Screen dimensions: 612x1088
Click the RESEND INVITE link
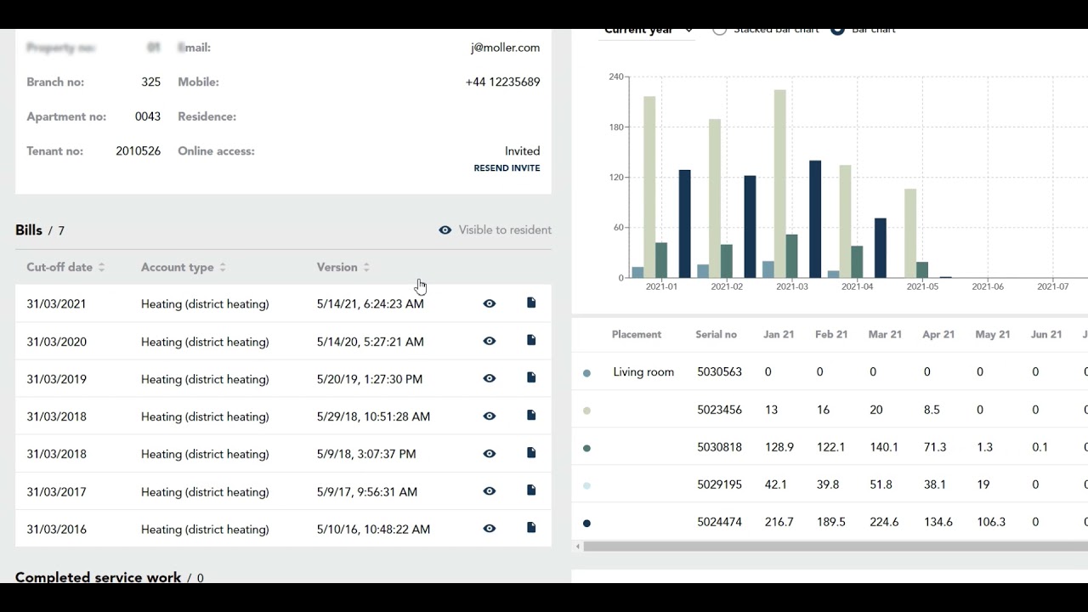pyautogui.click(x=507, y=168)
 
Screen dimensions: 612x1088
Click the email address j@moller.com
pyautogui.click(x=505, y=48)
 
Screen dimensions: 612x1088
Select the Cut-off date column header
pyautogui.click(x=59, y=267)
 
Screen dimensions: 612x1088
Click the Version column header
pyautogui.click(x=337, y=267)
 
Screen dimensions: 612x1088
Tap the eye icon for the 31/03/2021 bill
pyautogui.click(x=490, y=303)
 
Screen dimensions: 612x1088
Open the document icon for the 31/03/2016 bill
pyautogui.click(x=531, y=528)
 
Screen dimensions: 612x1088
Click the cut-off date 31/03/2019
pyautogui.click(x=56, y=379)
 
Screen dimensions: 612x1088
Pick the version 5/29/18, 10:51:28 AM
pyautogui.click(x=373, y=416)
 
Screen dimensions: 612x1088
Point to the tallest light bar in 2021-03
pyautogui.click(x=779, y=183)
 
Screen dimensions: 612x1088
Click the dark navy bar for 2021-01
pyautogui.click(x=684, y=224)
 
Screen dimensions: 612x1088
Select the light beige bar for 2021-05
pyautogui.click(x=910, y=233)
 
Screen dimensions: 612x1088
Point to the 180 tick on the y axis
pyautogui.click(x=616, y=127)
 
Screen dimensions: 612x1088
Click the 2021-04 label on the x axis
pyautogui.click(x=857, y=287)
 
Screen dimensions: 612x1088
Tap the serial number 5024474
pyautogui.click(x=719, y=522)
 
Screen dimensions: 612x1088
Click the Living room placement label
pyautogui.click(x=643, y=372)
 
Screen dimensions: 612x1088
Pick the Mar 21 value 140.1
pyautogui.click(x=884, y=447)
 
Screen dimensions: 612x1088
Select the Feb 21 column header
pyautogui.click(x=831, y=335)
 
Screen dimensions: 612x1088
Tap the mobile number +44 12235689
pyautogui.click(x=502, y=82)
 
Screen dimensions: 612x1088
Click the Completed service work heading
pyautogui.click(x=98, y=577)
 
